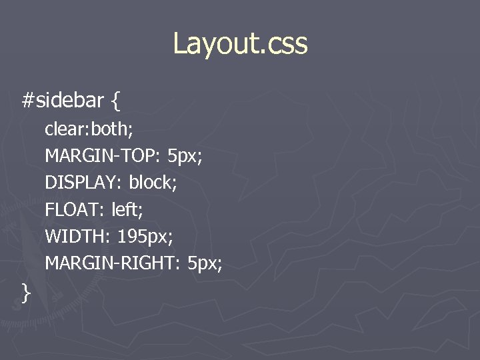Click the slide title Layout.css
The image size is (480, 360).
point(240,44)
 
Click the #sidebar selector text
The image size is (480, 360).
point(63,101)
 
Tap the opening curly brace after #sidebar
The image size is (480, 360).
point(116,101)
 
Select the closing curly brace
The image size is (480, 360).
point(26,292)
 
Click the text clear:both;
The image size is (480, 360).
point(89,129)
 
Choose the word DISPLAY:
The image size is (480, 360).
point(84,182)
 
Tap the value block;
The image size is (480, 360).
point(153,182)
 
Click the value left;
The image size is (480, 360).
point(127,209)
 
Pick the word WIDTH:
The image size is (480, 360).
point(78,236)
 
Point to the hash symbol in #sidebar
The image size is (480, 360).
point(27,101)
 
